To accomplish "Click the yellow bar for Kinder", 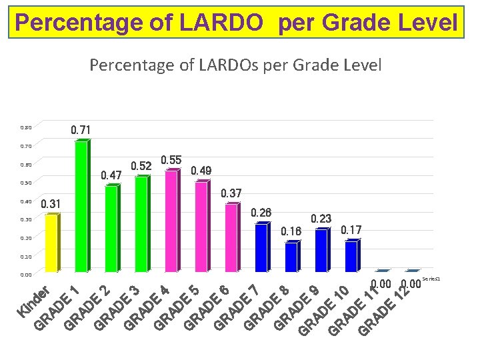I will [x=51, y=243].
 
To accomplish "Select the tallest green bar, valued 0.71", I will [x=81, y=207].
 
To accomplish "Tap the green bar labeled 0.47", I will [x=111, y=229].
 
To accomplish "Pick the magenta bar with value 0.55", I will [x=171, y=221].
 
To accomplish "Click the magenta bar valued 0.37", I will [x=231, y=238].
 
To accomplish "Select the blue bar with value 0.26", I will [x=261, y=248].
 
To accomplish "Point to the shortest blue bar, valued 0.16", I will [x=291, y=257].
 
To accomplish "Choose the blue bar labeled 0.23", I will [x=321, y=251].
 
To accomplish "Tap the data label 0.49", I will [x=201, y=171].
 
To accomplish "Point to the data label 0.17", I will [x=351, y=230].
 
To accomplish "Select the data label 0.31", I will [x=51, y=203].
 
